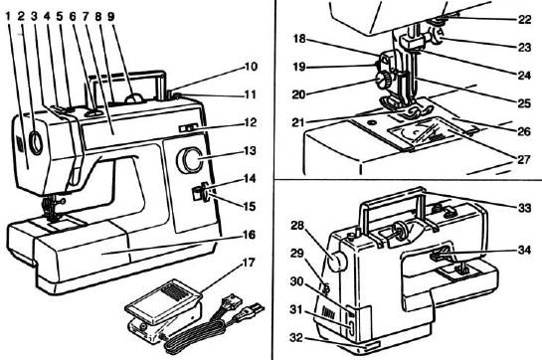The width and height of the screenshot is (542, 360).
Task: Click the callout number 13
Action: tap(250, 150)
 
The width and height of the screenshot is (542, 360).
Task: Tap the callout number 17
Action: tap(249, 263)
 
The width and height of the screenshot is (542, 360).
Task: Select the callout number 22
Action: tap(524, 19)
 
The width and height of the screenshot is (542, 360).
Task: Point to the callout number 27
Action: tap(524, 159)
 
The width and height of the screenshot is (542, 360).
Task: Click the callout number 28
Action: tap(297, 226)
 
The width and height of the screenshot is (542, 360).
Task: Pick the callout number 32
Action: tap(296, 337)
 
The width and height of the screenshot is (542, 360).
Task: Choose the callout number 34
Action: tap(524, 250)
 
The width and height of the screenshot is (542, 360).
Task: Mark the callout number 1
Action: tap(9, 16)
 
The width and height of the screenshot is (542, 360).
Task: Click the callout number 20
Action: tap(299, 94)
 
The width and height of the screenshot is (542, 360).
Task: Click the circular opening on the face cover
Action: tap(36, 143)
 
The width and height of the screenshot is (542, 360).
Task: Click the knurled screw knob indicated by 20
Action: tap(382, 81)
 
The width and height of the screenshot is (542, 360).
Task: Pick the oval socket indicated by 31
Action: tap(350, 327)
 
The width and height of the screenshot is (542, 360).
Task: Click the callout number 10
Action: tap(251, 66)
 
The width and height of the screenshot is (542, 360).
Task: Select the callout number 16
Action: tap(249, 235)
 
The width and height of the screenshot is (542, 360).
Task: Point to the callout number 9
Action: tap(110, 16)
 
